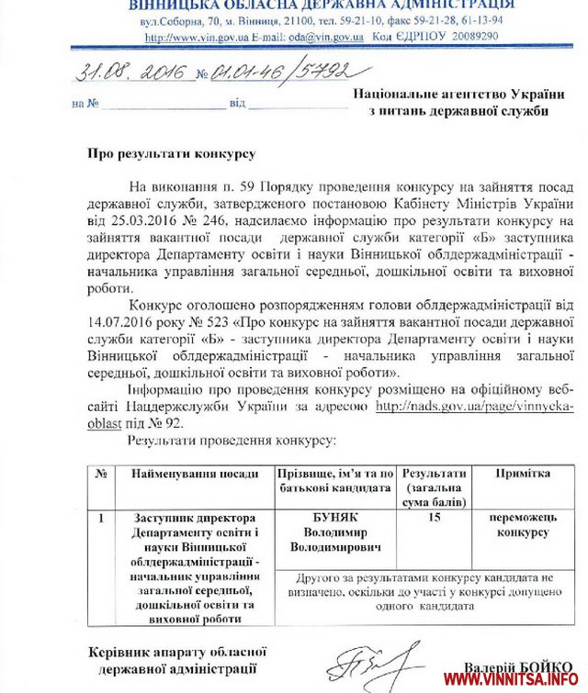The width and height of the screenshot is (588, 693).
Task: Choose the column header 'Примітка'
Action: [523, 474]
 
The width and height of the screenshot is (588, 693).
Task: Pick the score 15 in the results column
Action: [434, 519]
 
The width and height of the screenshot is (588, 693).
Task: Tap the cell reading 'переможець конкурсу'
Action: [523, 525]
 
